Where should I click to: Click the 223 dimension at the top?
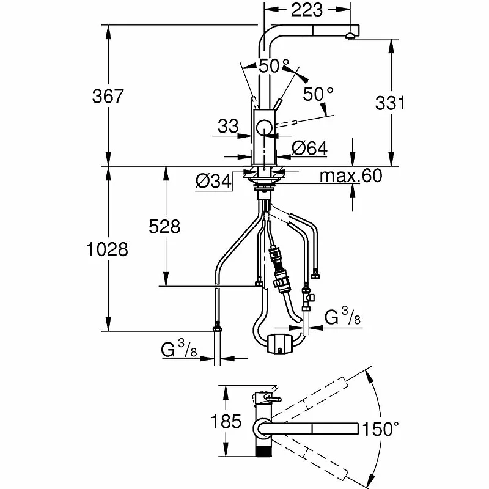307,10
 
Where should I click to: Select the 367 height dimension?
108,96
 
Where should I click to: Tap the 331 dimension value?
390,103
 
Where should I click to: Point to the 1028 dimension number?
107,249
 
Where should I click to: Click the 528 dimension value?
164,226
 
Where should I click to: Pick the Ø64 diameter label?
310,148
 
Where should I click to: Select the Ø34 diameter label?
214,181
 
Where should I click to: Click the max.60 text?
351,176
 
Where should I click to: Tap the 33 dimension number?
228,127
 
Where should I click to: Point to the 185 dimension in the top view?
226,421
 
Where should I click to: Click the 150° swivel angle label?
380,429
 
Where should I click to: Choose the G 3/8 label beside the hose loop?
342,315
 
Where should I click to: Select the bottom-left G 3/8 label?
179,348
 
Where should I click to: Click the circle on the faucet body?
265,128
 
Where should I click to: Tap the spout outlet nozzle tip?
350,36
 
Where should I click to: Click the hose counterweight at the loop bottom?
280,344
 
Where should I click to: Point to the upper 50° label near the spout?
274,66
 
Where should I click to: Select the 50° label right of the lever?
318,94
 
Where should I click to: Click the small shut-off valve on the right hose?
308,298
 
